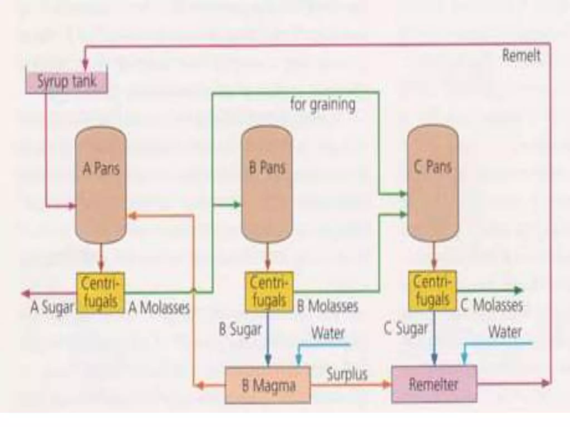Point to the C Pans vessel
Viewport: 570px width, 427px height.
click(x=433, y=183)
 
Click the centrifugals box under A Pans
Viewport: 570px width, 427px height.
click(x=100, y=293)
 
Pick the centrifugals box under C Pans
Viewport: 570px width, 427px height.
click(x=432, y=291)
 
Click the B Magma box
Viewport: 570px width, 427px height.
click(x=268, y=385)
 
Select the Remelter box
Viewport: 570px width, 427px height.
click(x=434, y=384)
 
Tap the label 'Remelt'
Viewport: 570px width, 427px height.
click(x=521, y=56)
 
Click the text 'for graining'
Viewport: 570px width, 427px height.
click(x=323, y=105)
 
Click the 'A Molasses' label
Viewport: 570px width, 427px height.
click(x=159, y=308)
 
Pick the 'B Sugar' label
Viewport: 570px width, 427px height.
click(x=240, y=330)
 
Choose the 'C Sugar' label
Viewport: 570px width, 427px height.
click(x=406, y=329)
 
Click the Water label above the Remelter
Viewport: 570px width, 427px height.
click(x=505, y=331)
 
